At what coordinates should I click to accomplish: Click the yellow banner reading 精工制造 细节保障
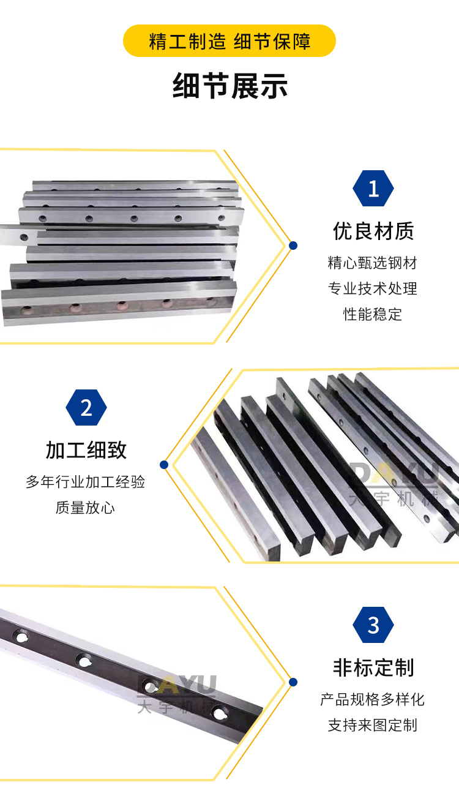tap(229, 41)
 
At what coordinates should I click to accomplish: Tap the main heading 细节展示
tap(230, 86)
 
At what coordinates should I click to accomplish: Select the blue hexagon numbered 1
tap(373, 189)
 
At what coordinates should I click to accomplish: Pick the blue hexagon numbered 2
tap(86, 407)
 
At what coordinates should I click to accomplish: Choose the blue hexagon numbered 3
tap(373, 625)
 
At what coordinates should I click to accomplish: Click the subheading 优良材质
tap(373, 231)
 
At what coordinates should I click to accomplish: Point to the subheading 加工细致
tap(86, 450)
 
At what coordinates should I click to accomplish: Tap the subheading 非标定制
tap(373, 667)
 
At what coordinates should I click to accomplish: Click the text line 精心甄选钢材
tap(373, 263)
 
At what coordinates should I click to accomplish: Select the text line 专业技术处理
tap(373, 288)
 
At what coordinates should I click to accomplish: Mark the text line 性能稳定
tap(373, 314)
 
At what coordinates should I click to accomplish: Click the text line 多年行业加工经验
tap(85, 482)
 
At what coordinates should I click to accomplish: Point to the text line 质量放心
tap(85, 508)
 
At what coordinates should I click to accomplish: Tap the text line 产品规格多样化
tap(373, 699)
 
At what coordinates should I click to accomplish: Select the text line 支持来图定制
tap(373, 725)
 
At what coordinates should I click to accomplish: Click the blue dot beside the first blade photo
tap(293, 246)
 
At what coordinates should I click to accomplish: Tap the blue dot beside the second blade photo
tap(164, 465)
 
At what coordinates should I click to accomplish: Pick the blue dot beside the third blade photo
tap(293, 682)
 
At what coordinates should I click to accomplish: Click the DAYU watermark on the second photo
tap(394, 484)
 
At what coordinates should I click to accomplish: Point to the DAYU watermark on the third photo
tap(177, 694)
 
